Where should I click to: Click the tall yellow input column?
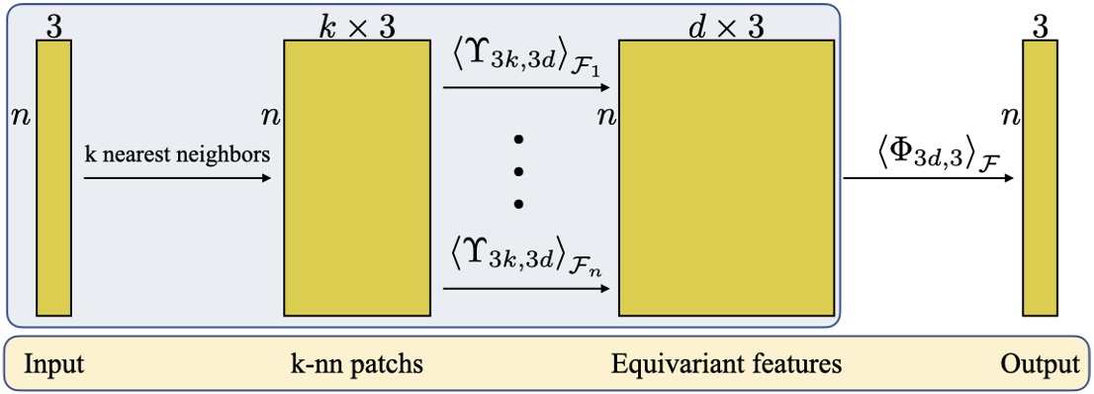[53, 178]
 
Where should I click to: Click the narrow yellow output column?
[1041, 178]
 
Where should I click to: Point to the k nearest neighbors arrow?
[178, 179]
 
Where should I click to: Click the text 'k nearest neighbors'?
[177, 155]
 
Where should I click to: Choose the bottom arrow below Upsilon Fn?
[530, 290]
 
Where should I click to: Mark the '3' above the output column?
[1040, 26]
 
